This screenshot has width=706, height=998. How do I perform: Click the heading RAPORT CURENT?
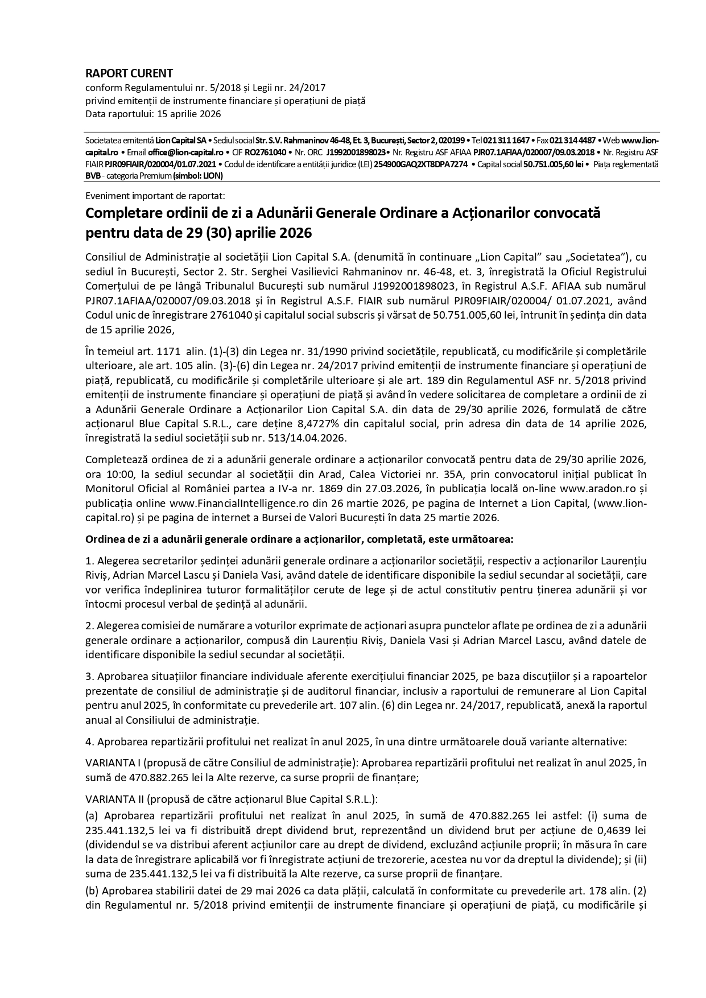(x=129, y=73)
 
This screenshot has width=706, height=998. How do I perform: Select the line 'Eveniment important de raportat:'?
(x=155, y=196)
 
